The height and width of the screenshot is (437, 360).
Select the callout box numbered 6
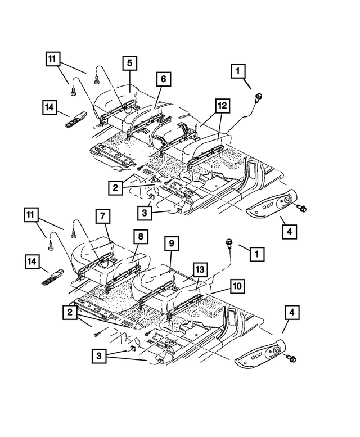(x=162, y=80)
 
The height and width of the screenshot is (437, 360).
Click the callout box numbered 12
(x=222, y=105)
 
